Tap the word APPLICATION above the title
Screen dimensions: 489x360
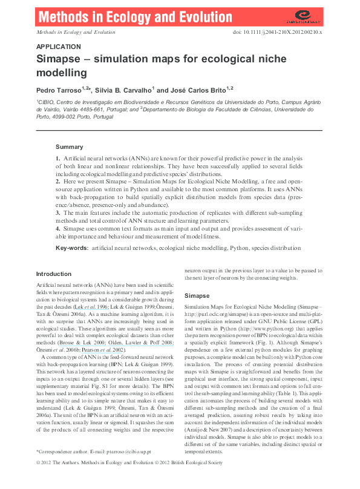tap(59, 47)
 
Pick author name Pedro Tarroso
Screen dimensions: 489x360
tap(60, 89)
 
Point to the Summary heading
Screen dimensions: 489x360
tap(69, 147)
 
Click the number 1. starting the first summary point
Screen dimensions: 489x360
tap(57, 158)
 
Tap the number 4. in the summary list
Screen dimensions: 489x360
tap(57, 229)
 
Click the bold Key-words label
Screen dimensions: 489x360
tap(72, 248)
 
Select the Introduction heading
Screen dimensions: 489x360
tap(54, 274)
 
